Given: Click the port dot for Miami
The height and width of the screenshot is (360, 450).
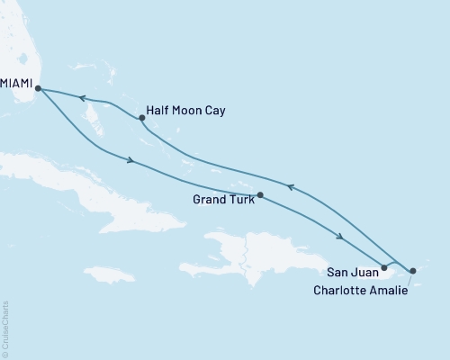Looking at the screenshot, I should [x=37, y=87].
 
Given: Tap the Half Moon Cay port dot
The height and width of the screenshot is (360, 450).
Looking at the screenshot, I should [x=141, y=118].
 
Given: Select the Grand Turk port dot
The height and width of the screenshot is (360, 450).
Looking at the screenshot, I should [x=260, y=194].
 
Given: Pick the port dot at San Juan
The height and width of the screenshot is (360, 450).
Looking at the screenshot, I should [x=384, y=267].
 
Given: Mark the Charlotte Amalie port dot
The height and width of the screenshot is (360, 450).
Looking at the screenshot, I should [x=412, y=270].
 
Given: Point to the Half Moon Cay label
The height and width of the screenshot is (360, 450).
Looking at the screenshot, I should [x=186, y=111].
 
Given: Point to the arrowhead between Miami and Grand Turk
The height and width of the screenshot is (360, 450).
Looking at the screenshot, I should [x=132, y=161].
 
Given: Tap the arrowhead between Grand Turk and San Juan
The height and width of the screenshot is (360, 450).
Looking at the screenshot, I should [x=339, y=237].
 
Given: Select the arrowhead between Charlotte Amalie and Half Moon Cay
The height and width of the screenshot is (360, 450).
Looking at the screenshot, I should [x=290, y=186].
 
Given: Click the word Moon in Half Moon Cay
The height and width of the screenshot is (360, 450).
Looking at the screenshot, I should [x=187, y=111].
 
